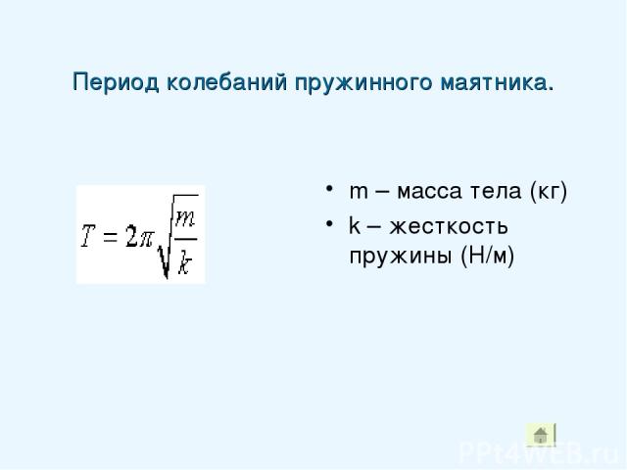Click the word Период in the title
[x=116, y=83]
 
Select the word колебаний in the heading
[x=226, y=82]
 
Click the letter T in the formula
[x=88, y=236]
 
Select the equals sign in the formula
[x=111, y=237]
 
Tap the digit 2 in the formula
[x=131, y=236]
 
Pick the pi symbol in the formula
[x=145, y=239]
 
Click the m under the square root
[x=185, y=218]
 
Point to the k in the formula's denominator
[x=184, y=261]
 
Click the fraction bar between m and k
[x=186, y=239]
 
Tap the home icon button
[x=541, y=435]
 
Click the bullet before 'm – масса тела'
[x=329, y=188]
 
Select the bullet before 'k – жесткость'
[x=329, y=223]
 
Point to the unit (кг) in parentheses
[x=549, y=192]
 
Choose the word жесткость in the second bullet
[x=449, y=226]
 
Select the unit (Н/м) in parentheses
[x=487, y=255]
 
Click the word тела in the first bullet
[x=496, y=192]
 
